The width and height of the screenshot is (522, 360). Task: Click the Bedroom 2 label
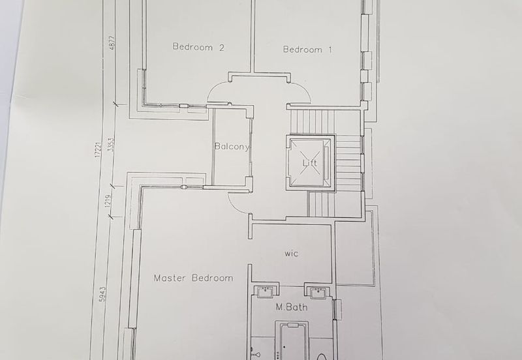(x=198, y=47)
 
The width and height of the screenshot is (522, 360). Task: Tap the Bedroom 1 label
(x=307, y=50)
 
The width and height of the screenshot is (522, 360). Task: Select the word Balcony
(x=232, y=146)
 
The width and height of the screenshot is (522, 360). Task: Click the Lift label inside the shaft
(x=309, y=163)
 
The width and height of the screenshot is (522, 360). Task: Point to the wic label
(x=291, y=254)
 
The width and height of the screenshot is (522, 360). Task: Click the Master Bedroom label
(x=193, y=278)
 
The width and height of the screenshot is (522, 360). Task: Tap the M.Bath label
(x=292, y=307)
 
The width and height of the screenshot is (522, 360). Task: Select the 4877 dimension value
(x=112, y=43)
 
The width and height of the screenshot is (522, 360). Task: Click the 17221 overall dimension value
(x=97, y=149)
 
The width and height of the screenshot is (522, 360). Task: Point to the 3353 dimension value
(x=112, y=144)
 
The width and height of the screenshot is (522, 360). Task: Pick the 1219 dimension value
(x=108, y=201)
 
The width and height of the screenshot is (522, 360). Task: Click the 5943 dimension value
(x=102, y=294)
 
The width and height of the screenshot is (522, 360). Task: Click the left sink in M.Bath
(x=266, y=291)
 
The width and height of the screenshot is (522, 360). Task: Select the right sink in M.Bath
(x=317, y=292)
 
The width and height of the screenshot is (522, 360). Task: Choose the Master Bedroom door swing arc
(x=235, y=207)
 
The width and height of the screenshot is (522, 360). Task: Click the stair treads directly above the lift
(x=313, y=122)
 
